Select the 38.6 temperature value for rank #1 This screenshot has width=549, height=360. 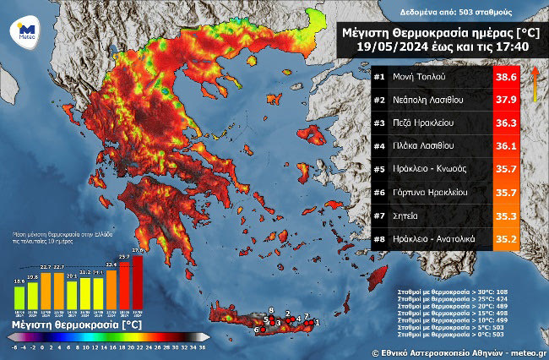tap(506, 77)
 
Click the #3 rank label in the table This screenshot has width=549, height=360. tap(379, 123)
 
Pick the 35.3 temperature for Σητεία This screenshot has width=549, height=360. tap(506, 215)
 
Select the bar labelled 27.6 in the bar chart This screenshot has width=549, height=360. tap(138, 282)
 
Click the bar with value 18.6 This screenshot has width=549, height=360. tap(19, 295)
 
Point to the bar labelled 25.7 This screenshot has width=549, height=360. tap(124, 286)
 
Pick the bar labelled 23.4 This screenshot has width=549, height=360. tap(111, 290)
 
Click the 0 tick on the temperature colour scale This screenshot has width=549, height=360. tap(50, 346)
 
